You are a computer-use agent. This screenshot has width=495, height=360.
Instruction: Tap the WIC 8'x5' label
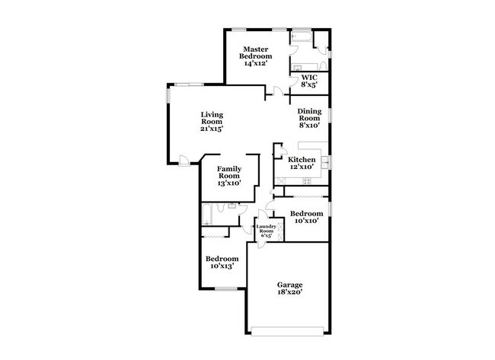click(x=309, y=81)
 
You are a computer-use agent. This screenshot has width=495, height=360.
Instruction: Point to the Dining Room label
click(x=309, y=115)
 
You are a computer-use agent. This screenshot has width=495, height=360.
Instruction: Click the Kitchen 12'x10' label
click(x=302, y=163)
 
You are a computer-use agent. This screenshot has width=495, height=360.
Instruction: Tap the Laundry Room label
click(x=266, y=230)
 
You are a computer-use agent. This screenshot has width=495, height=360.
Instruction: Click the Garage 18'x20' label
click(x=289, y=288)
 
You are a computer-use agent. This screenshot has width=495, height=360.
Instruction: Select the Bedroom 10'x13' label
click(x=222, y=262)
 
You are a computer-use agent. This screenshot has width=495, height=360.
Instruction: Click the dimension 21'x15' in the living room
click(x=212, y=129)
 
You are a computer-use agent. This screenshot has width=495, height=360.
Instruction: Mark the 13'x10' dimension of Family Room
click(x=229, y=183)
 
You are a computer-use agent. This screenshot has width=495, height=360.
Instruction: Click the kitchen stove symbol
click(x=308, y=180)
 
